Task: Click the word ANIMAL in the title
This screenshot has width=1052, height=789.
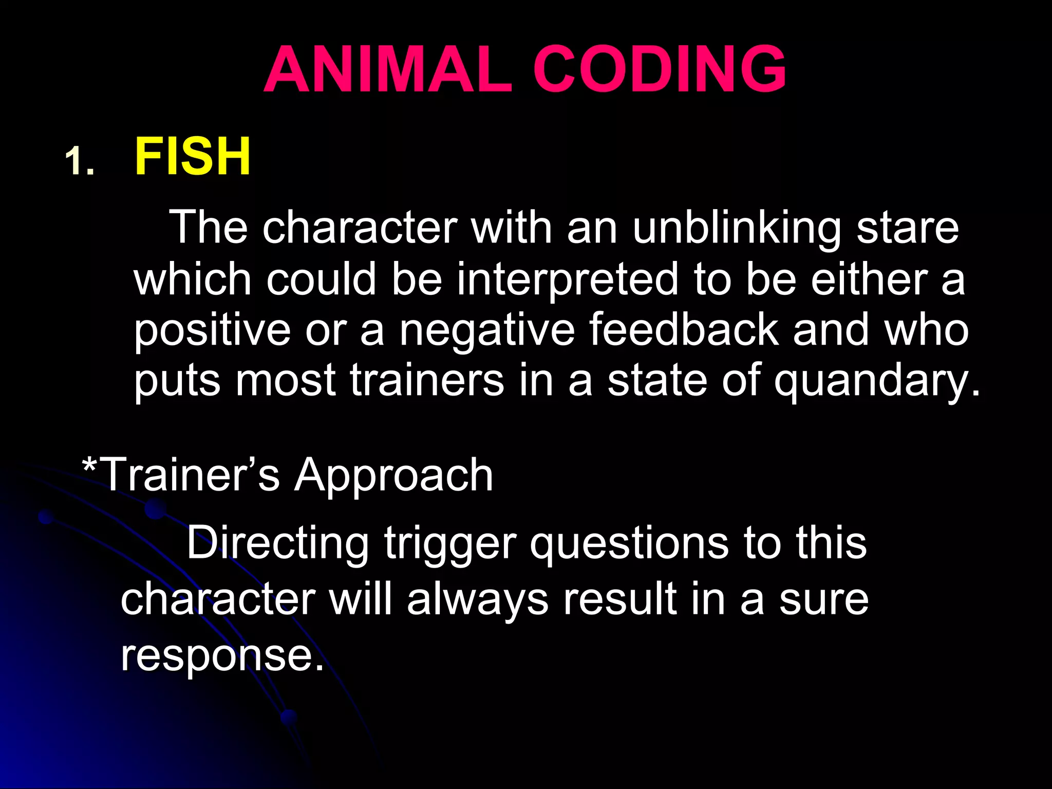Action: tap(388, 69)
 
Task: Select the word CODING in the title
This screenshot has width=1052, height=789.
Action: tap(660, 69)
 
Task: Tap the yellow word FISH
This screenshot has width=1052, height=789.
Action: tap(193, 156)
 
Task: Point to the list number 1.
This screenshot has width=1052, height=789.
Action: tap(79, 161)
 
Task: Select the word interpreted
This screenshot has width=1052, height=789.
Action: tap(568, 280)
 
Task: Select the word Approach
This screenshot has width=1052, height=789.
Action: tap(393, 476)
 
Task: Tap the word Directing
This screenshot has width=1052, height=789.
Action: tap(277, 543)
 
